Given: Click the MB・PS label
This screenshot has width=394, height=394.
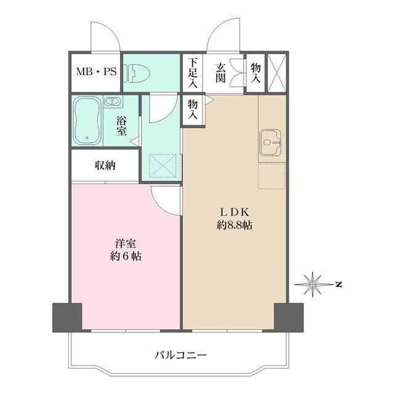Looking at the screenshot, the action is pos(97,72).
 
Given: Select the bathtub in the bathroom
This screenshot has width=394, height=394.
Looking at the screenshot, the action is pos(87,121).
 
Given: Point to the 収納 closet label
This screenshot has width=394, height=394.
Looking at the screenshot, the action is pos(105,165).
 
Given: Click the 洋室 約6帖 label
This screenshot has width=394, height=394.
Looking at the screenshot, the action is pos(126,250).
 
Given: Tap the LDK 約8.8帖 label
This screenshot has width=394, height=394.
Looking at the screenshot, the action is pos(235,219).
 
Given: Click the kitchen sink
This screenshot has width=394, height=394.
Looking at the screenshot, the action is pos(270,142).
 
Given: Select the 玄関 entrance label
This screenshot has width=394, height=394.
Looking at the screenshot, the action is pos(220,73).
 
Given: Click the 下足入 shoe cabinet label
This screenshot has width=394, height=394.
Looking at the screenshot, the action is pos(193,73).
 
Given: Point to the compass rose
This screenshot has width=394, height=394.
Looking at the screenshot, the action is pos(312,284).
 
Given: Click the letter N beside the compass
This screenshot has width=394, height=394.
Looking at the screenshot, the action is pos(339,284).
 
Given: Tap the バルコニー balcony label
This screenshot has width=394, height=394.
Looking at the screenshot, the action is pos(180,355).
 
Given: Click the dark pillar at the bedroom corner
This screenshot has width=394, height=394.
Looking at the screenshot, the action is pos(67,318).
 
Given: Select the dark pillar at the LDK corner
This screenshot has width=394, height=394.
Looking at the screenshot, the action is pos(289,318).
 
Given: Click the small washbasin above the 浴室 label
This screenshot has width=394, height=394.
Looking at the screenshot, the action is pos(112,102).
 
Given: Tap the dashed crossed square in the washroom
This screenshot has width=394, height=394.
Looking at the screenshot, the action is pos(163,166).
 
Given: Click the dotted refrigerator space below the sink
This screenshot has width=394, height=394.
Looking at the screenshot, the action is pos(271,176).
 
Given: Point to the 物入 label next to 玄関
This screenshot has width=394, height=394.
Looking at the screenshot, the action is pos(255,73).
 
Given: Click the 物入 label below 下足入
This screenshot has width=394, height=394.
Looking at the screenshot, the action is pos(193,110).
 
